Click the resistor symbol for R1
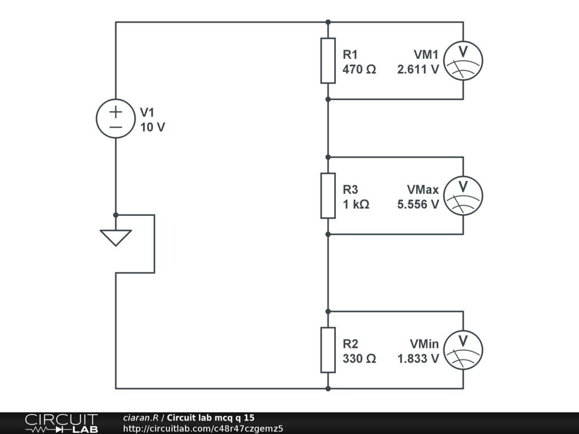328,60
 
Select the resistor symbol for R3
328,196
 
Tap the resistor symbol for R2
328,350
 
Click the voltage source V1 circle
116,119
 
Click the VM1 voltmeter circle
463,60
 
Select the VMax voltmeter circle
463,196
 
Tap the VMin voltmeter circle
463,350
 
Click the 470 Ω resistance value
359,70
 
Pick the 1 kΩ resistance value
356,205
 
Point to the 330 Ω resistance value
359,359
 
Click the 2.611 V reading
418,70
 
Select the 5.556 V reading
418,205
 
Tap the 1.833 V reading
418,359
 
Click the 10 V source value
153,128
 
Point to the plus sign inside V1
116,111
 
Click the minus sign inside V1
116,127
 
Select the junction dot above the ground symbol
116,215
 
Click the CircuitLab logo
61,423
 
